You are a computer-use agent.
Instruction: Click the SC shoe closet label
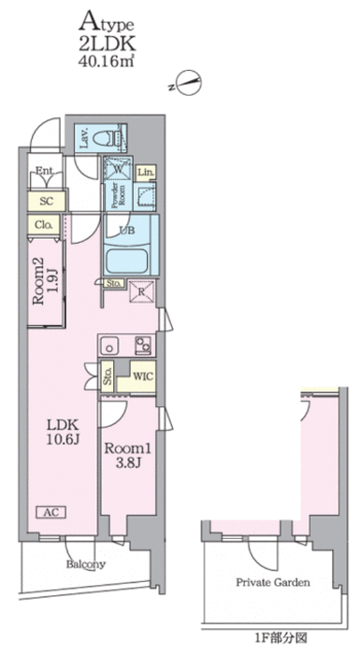pos(46,201)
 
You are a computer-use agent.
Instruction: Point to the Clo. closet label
pos(44,225)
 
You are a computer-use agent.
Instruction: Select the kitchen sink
pos(109,346)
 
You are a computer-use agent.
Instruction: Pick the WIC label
pos(143,377)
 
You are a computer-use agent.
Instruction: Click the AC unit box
pos(53,512)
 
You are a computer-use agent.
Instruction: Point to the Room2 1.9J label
pos(44,284)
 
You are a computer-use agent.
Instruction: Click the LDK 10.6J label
pos(62,432)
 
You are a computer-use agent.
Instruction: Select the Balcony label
pos(86,564)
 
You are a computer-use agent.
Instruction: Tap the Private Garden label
pos(273,582)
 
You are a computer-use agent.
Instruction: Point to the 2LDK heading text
pos(107,44)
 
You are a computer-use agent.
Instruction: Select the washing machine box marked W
pos(118,169)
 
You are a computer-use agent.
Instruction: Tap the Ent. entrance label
pos(44,171)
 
